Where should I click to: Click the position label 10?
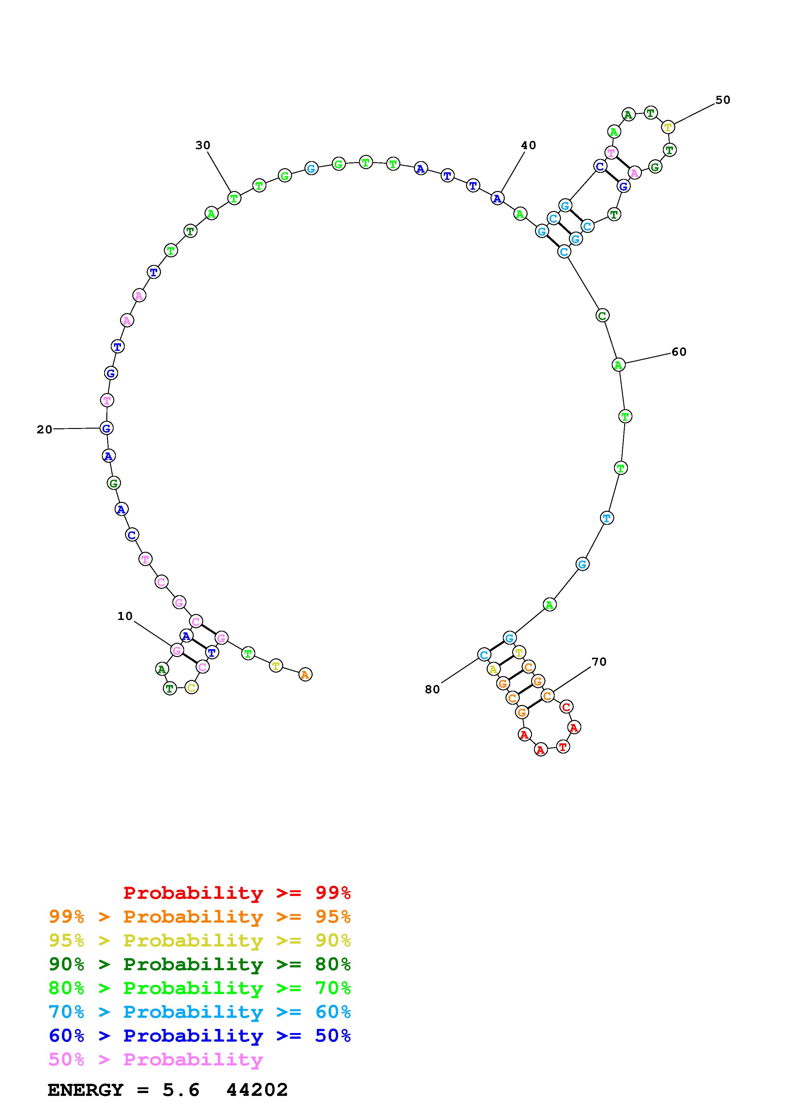[125, 616]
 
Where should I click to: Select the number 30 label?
[203, 145]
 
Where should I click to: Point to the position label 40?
[529, 145]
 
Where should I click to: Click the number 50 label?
[723, 100]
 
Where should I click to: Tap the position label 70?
[599, 662]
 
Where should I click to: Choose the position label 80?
[432, 689]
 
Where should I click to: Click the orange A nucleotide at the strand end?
[305, 674]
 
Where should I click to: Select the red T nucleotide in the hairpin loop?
[563, 747]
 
